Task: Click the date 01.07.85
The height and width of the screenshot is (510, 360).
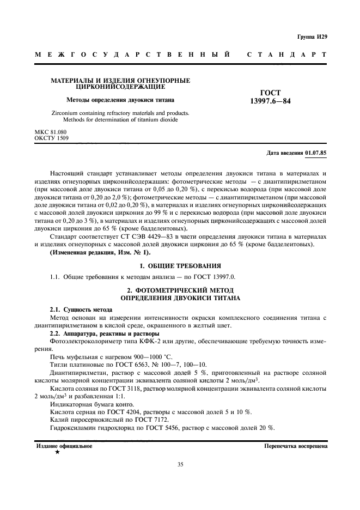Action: (316, 153)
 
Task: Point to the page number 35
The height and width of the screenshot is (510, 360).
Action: (180, 465)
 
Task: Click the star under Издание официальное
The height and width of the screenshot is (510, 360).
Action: (58, 452)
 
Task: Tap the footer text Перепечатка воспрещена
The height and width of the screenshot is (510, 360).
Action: (295, 446)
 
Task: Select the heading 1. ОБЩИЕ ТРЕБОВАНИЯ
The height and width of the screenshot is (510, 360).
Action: (180, 265)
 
